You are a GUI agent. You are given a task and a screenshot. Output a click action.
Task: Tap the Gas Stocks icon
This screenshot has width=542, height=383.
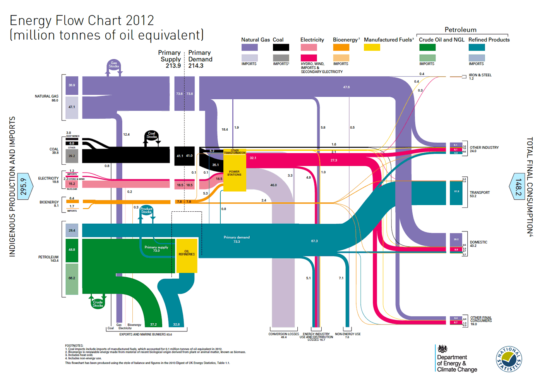click(x=114, y=65)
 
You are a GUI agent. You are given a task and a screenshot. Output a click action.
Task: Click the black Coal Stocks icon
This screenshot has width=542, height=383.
click(x=152, y=136)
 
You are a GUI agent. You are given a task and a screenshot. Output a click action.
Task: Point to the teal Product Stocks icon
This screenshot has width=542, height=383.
click(x=146, y=210)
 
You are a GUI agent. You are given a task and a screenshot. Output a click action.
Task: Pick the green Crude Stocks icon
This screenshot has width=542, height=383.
click(x=98, y=303)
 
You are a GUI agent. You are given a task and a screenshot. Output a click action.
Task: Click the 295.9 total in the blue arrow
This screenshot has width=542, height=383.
click(x=24, y=186)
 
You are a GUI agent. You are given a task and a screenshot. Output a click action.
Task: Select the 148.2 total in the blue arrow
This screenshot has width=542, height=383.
click(x=518, y=186)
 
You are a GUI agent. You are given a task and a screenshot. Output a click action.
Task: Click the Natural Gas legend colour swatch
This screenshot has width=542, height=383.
click(x=249, y=47)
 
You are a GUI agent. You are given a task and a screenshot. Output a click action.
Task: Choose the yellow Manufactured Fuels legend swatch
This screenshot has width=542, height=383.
click(x=372, y=47)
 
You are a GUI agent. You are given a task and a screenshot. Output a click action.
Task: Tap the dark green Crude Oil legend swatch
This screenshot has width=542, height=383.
click(x=427, y=47)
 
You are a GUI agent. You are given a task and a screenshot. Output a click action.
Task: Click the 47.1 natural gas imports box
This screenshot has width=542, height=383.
click(x=72, y=107)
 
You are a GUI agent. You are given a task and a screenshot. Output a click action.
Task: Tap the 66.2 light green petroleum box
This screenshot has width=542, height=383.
click(x=72, y=278)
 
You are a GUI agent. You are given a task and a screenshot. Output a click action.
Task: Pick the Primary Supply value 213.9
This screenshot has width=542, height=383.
click(x=173, y=66)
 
